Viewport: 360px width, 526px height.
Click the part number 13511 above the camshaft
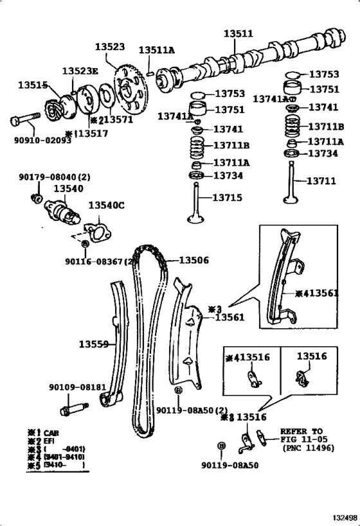tap(239, 33)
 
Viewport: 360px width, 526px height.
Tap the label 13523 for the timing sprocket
tap(110, 48)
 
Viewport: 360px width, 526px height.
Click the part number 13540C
tap(106, 205)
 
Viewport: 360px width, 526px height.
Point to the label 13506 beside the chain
tap(194, 260)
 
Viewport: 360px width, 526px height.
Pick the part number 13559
tap(94, 344)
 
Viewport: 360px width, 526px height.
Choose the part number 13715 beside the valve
tap(228, 198)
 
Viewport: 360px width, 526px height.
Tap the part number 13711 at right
tap(321, 181)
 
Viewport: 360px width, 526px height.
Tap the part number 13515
tap(32, 85)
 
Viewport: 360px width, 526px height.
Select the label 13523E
tap(80, 71)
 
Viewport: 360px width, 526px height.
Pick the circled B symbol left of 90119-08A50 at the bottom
tap(222, 445)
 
